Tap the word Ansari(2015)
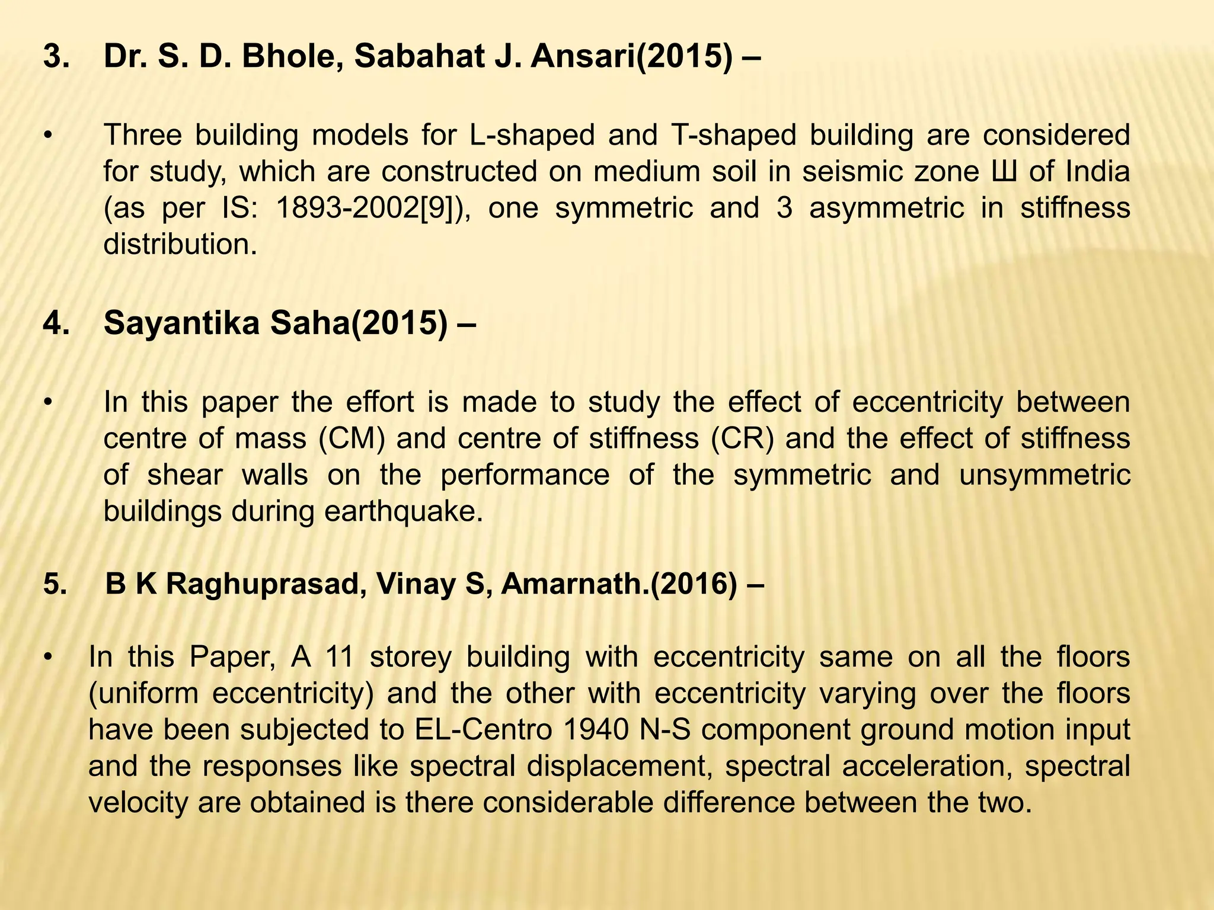tap(631, 57)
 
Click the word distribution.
tap(180, 245)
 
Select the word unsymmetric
tap(1044, 475)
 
